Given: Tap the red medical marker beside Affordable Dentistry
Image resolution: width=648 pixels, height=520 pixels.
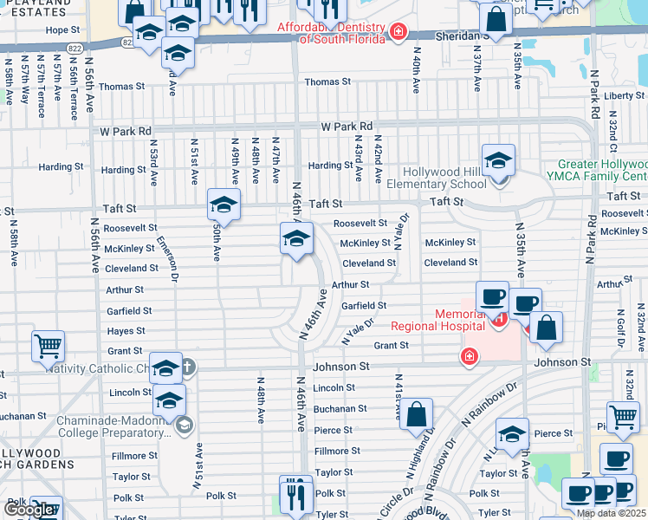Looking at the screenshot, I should tap(398, 32).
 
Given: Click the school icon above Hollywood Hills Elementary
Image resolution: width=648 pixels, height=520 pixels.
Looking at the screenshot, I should tap(499, 161).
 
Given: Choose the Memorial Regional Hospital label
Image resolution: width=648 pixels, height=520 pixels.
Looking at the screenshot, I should tap(437, 320).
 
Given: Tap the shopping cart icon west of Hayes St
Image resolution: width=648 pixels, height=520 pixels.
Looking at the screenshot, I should tap(49, 347).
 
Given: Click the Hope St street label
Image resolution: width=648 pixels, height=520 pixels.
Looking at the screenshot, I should tap(62, 29).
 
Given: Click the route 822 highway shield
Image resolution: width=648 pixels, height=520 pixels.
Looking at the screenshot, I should tap(128, 42).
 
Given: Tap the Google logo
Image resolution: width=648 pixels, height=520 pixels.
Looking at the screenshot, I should tap(29, 510).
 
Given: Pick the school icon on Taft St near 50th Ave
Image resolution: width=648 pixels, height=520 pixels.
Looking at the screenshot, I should tap(224, 206).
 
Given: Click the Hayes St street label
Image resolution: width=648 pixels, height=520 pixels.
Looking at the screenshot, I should tap(126, 331).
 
